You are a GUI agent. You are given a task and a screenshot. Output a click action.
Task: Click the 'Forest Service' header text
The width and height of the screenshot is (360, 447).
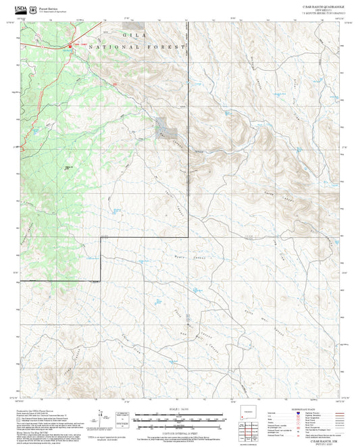pyautogui.click(x=47, y=5)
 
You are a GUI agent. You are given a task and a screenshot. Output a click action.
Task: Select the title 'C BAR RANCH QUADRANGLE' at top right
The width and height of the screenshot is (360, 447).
pyautogui.click(x=322, y=5)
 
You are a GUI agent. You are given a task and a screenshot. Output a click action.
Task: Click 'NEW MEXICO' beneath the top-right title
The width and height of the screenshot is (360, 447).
pyautogui.click(x=322, y=8)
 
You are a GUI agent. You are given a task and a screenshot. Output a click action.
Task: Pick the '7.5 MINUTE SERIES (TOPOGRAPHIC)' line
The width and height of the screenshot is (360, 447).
pyautogui.click(x=322, y=11)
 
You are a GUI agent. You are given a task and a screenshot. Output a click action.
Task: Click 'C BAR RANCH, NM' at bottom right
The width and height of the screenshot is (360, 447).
pyautogui.click(x=322, y=440)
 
